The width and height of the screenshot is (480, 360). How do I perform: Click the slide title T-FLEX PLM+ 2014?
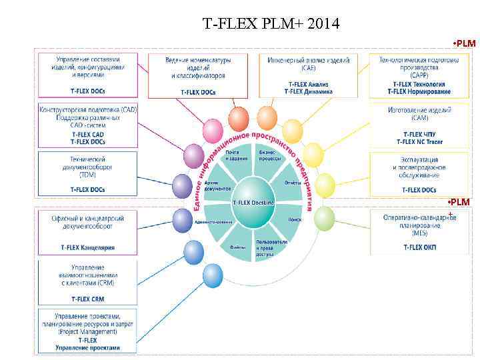tap(271, 25)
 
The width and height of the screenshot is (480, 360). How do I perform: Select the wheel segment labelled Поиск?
tap(295, 219)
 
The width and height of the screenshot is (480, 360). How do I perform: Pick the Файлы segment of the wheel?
tap(237, 247)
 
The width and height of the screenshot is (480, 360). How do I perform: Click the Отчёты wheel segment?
tap(293, 183)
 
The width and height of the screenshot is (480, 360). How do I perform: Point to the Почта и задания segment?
tap(237, 155)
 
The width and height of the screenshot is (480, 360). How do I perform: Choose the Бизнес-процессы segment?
tap(269, 155)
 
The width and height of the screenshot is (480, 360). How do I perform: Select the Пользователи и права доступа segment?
tap(271, 247)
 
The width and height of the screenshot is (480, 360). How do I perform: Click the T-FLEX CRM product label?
tap(89, 299)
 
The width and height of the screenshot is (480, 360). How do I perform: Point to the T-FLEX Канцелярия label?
tap(88, 247)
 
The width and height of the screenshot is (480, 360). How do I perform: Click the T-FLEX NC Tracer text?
tap(420, 141)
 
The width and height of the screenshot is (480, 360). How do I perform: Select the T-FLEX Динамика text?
tap(308, 91)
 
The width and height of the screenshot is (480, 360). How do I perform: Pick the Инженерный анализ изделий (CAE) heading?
tap(308, 63)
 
